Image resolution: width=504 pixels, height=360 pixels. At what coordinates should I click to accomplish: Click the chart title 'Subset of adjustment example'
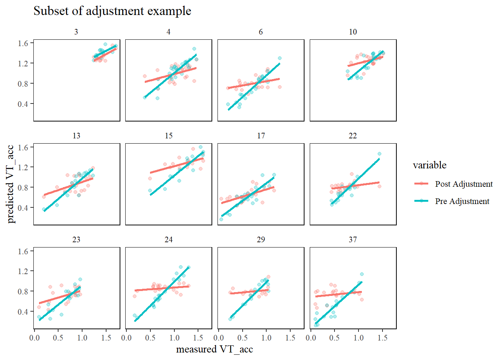coord(112,11)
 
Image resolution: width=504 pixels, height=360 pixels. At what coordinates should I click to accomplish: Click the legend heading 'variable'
coord(429,165)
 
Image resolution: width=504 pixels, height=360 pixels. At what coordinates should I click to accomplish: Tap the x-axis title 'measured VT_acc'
coord(214,349)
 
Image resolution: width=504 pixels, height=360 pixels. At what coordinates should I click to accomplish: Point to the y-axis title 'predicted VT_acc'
coord(10,184)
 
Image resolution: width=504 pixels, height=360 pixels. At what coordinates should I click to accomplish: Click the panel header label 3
coord(76,32)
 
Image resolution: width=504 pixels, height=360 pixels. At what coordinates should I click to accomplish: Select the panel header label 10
coord(353,32)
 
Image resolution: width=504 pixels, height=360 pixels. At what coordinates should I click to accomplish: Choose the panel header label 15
coord(169,136)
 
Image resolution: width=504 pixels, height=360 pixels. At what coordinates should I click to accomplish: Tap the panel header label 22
coord(353,136)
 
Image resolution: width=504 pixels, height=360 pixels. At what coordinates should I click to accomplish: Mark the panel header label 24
coord(169,240)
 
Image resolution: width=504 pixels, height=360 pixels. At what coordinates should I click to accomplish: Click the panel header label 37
coord(353,240)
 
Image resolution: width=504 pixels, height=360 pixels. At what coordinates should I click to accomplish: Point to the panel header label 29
coord(261,240)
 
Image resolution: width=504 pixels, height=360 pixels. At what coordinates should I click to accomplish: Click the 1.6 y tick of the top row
coord(23,43)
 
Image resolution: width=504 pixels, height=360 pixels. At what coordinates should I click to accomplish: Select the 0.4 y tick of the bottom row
coord(23,312)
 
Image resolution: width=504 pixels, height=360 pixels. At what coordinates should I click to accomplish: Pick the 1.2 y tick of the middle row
coord(23,167)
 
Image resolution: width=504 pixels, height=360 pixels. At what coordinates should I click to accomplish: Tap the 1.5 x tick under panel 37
coord(382,338)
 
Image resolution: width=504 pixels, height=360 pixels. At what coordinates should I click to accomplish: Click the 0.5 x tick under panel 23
coord(58,338)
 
